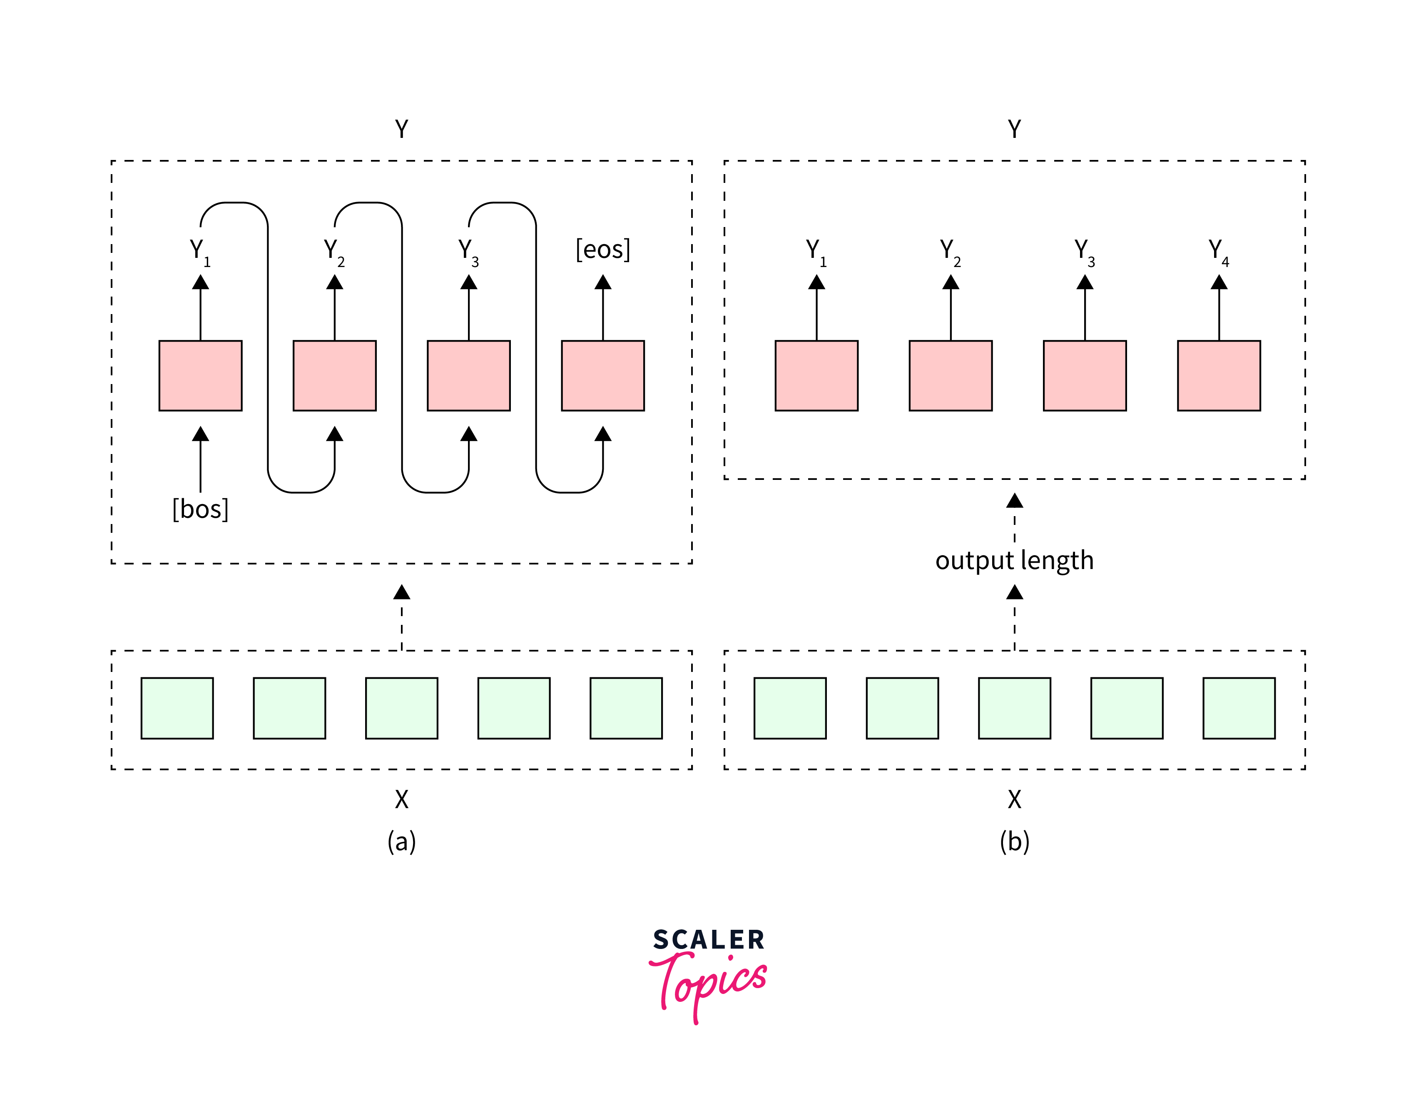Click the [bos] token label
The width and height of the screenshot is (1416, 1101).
coord(200,509)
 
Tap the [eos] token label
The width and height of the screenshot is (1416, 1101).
coord(602,249)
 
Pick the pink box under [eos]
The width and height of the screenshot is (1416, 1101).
coord(602,376)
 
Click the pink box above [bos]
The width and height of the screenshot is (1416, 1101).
coord(200,376)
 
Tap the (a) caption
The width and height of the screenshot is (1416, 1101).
coord(401,841)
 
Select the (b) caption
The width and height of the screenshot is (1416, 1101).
coord(1014,841)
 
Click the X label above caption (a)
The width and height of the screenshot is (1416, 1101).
coord(401,799)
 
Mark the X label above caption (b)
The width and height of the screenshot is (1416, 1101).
coord(1014,799)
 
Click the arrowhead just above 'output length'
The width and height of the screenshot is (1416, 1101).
coord(1014,501)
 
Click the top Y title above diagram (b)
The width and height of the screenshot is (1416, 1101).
coord(1014,129)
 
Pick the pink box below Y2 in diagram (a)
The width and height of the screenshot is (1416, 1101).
coord(335,376)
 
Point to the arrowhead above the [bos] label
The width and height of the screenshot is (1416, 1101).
coord(200,434)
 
